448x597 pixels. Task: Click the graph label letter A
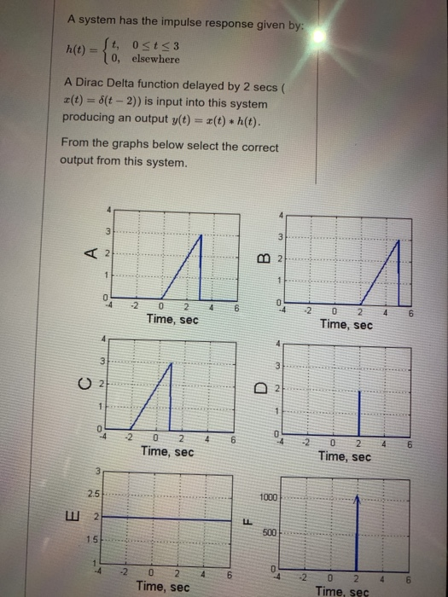click(x=89, y=252)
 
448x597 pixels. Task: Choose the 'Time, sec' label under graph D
click(x=346, y=457)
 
